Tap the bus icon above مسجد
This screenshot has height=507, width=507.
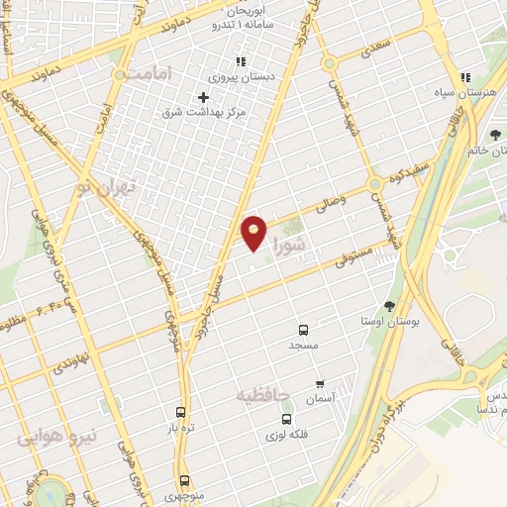(302, 329)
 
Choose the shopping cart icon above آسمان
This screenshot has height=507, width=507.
(319, 383)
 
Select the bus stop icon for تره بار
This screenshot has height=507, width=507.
(180, 411)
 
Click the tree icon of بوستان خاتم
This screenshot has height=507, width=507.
(495, 136)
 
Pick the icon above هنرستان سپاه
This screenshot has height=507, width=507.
(465, 77)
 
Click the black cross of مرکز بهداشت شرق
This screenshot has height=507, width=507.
(203, 97)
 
